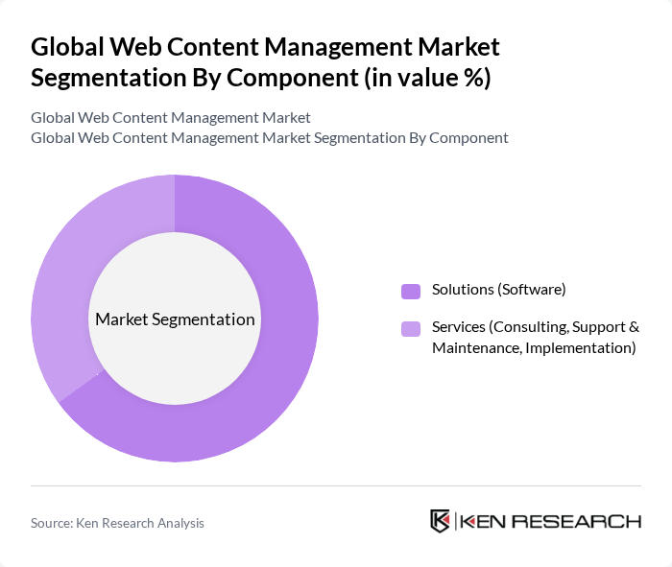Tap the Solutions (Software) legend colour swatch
click(x=411, y=291)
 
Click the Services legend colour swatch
click(x=411, y=329)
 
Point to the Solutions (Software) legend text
click(x=498, y=290)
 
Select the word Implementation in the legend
click(x=586, y=347)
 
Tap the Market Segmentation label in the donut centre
click(x=175, y=319)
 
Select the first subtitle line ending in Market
click(x=171, y=118)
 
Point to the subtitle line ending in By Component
click(x=269, y=137)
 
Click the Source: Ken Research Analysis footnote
click(x=117, y=523)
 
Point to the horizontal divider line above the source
click(x=336, y=485)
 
